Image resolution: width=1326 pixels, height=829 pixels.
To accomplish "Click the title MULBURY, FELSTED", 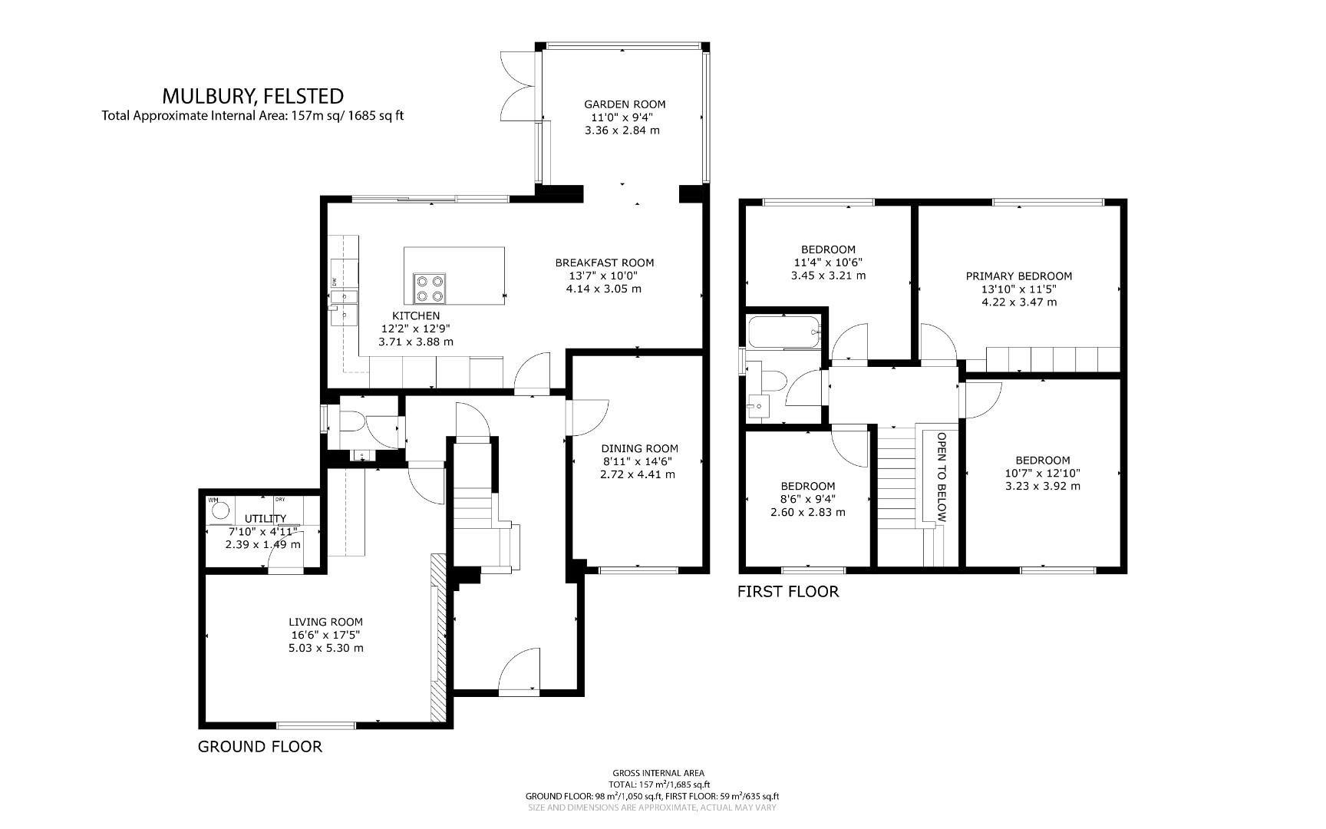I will click(x=252, y=96).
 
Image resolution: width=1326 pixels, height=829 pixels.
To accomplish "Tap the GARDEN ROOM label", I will click(x=625, y=104).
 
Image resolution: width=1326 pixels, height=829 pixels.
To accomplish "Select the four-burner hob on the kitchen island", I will click(x=429, y=288).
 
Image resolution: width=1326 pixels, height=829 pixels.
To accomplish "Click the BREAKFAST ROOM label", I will click(x=605, y=263).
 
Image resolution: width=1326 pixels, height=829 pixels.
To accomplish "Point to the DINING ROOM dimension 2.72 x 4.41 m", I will click(x=638, y=474).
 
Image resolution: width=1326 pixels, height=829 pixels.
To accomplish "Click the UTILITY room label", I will click(x=266, y=519).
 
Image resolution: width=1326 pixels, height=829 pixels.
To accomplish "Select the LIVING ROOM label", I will click(x=325, y=622).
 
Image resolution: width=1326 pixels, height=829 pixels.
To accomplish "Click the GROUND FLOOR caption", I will click(x=260, y=746).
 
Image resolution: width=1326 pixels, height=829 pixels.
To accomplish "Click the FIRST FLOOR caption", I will click(x=788, y=591).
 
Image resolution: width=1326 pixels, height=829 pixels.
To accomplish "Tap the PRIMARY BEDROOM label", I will click(x=1018, y=276).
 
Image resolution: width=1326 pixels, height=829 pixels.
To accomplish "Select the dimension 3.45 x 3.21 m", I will click(x=828, y=275).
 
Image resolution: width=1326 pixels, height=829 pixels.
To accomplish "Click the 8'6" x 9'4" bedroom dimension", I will click(x=808, y=499).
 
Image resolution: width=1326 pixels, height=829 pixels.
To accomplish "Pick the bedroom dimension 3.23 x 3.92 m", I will click(x=1042, y=486).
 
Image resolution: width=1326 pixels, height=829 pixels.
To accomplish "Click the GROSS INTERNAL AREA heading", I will click(x=658, y=773).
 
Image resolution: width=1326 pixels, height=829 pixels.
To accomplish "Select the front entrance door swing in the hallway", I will click(x=520, y=670).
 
